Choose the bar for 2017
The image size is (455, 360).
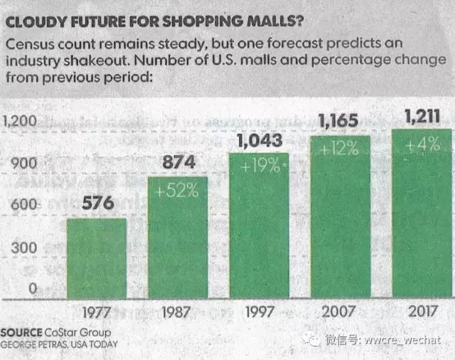point(422,213)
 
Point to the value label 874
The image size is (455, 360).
point(178,163)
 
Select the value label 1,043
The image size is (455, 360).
point(259,140)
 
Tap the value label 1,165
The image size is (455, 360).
point(341,122)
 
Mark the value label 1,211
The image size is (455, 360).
point(422,115)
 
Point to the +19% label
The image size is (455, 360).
point(260,168)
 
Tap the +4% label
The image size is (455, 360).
point(422,144)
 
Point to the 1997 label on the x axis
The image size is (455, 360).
point(259,312)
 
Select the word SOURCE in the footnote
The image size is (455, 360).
point(22,332)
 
